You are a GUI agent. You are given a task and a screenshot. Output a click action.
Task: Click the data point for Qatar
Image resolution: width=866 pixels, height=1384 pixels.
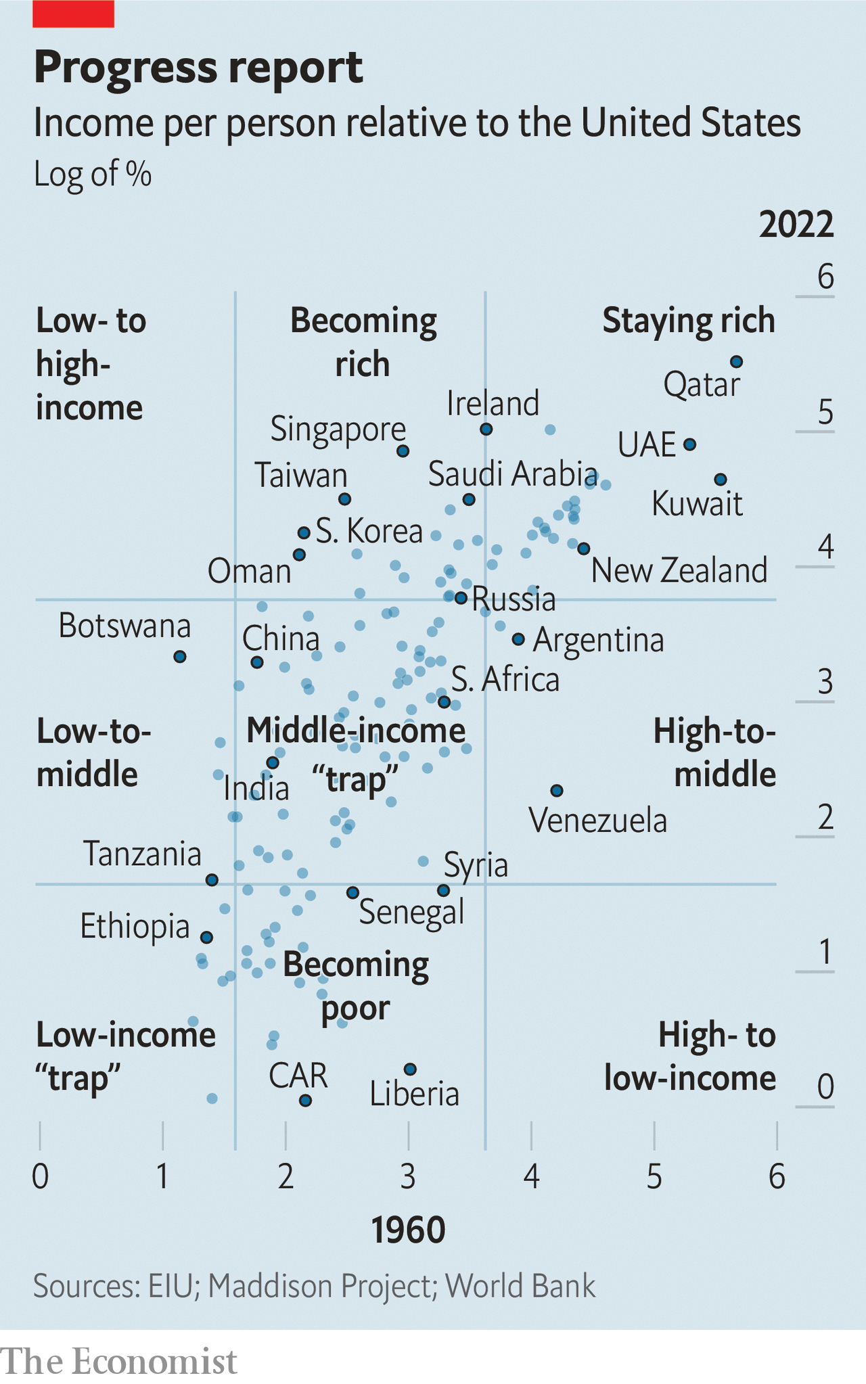click(x=737, y=362)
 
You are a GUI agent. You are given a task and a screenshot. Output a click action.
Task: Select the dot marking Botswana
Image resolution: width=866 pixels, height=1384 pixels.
click(x=180, y=656)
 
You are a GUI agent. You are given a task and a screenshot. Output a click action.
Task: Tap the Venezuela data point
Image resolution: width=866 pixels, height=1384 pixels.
click(x=557, y=790)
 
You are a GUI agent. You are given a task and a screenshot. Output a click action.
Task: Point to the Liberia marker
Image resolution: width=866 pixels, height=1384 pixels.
click(x=410, y=1069)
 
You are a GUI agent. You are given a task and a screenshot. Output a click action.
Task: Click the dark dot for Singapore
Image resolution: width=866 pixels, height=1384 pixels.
click(x=403, y=451)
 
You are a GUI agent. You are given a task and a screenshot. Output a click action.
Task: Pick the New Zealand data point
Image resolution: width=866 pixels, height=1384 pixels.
click(x=584, y=548)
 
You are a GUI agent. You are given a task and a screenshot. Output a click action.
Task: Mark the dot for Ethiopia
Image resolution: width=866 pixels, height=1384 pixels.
click(x=207, y=937)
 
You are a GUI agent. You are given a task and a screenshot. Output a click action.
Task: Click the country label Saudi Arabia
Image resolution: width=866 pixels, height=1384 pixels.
click(x=512, y=474)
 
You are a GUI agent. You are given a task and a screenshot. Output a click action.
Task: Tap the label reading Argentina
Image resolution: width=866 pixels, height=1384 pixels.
click(x=598, y=641)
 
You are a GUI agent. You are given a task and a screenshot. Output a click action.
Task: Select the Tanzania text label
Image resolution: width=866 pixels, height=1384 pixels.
click(x=142, y=854)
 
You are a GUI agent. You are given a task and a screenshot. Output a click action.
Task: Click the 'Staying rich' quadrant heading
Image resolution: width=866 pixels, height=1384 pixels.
click(x=688, y=321)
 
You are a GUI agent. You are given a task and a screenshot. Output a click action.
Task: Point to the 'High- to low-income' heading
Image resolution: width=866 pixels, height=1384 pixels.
click(x=689, y=1057)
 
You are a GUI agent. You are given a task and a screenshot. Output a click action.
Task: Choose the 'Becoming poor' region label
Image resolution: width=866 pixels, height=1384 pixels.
click(x=356, y=986)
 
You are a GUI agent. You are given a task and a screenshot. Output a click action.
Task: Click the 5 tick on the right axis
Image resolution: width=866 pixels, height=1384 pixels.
click(x=825, y=413)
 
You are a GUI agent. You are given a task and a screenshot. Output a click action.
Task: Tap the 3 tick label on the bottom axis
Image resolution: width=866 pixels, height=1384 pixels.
click(x=408, y=1177)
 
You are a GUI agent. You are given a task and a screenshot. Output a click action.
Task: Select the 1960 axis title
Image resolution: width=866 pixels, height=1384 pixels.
click(x=408, y=1230)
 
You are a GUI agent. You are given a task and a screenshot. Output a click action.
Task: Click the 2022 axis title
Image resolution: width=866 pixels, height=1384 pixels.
click(x=796, y=224)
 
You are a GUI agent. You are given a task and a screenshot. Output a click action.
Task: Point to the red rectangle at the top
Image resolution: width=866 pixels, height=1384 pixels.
click(x=73, y=14)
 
